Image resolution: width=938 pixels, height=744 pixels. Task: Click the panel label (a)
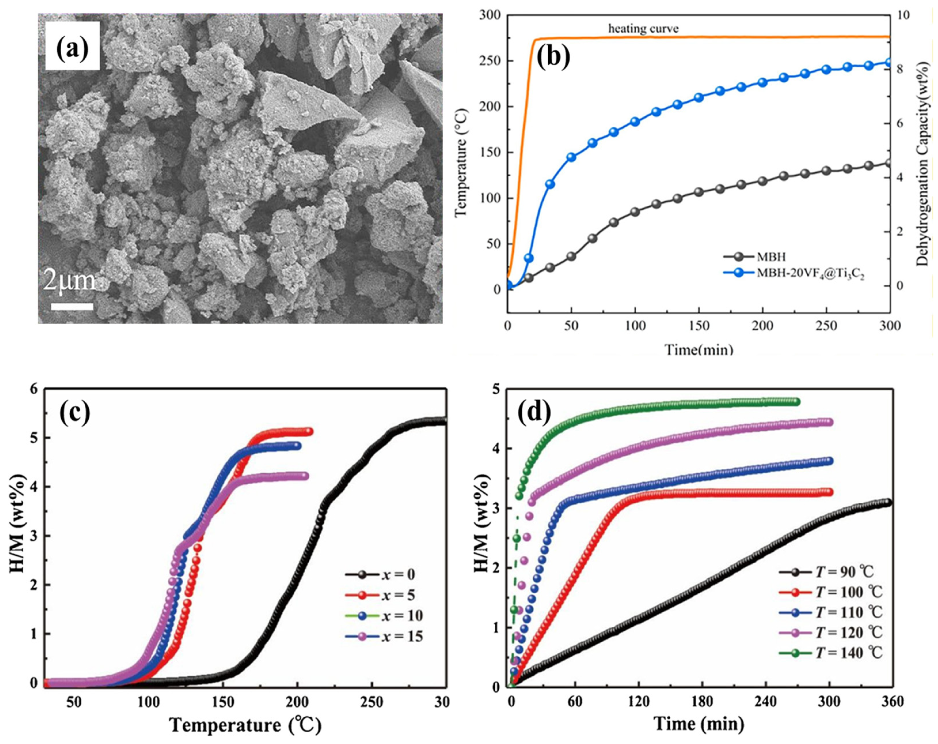(72, 47)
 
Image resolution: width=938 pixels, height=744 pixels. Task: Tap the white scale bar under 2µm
(72, 306)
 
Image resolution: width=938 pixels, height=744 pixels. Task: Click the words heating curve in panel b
(643, 29)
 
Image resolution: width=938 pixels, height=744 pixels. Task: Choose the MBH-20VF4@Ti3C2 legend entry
(810, 273)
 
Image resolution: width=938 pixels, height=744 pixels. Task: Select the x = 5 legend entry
(398, 595)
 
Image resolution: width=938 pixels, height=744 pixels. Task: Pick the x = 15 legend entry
(402, 637)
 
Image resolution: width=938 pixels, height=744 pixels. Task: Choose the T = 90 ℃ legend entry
(844, 572)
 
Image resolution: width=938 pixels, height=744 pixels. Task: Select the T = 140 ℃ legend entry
(847, 652)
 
